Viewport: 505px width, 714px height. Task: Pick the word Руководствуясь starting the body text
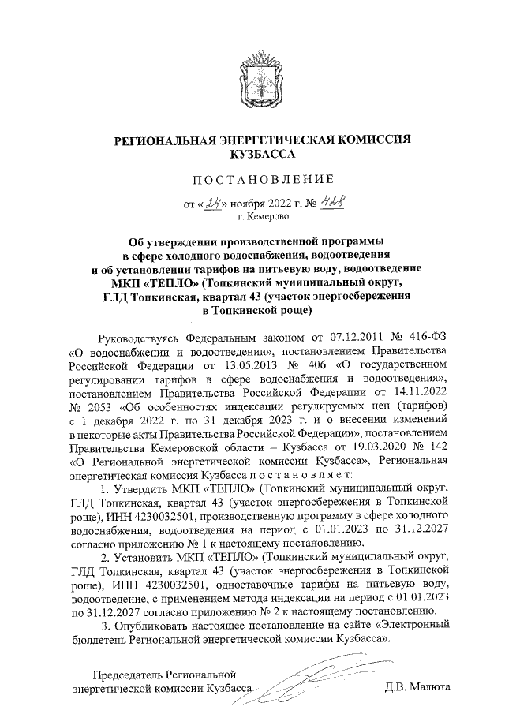pos(137,337)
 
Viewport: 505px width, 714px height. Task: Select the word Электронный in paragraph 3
pos(415,624)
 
